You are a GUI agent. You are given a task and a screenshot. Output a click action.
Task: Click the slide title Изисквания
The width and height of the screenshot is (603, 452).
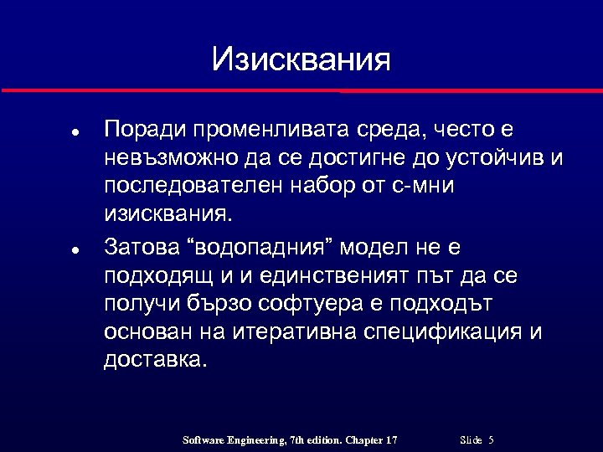tap(301, 59)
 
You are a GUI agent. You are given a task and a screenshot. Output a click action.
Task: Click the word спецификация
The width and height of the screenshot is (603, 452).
tap(445, 331)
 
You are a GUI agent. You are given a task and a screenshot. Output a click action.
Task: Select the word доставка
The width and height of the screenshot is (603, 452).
tap(153, 359)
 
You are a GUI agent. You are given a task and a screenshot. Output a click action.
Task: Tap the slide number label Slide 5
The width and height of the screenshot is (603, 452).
tap(477, 439)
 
